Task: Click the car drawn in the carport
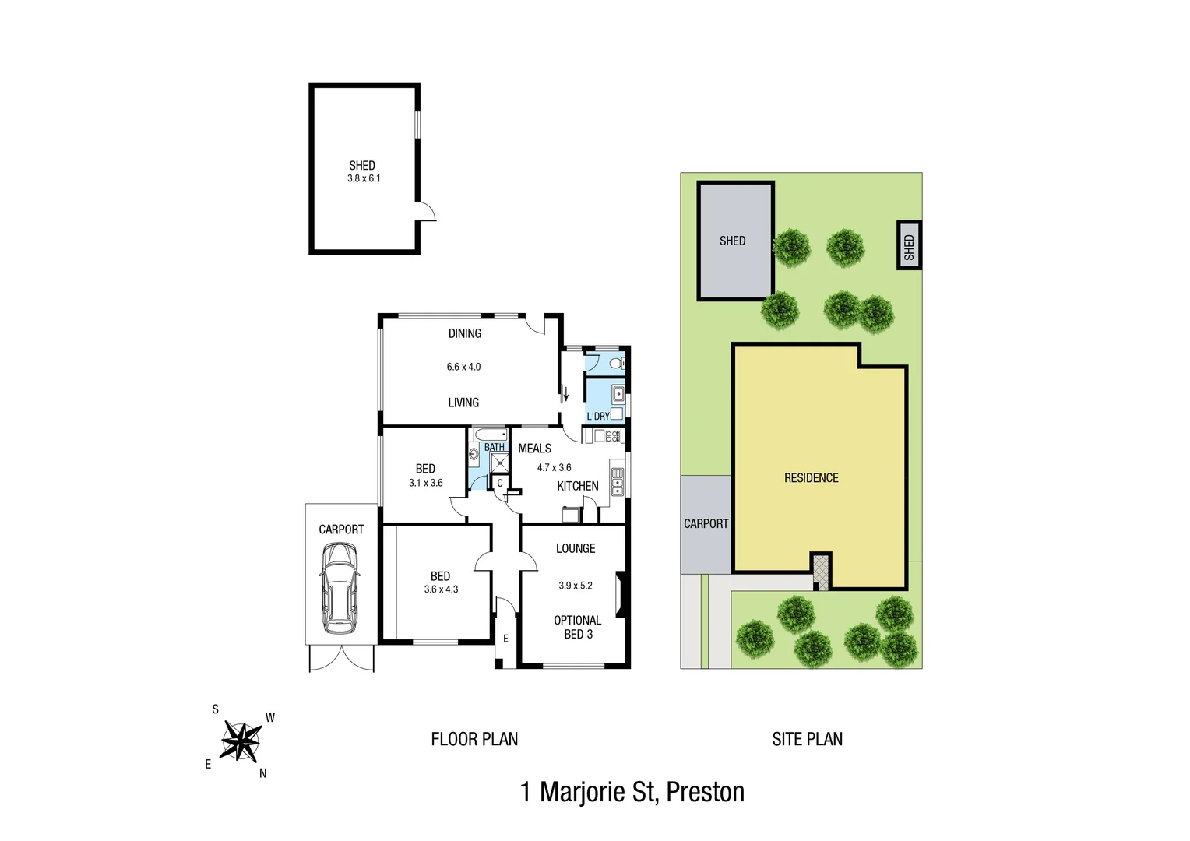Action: click(340, 588)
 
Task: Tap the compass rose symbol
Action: click(241, 741)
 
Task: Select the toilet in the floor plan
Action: click(616, 364)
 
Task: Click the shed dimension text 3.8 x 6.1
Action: click(364, 178)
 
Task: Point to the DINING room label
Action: click(464, 333)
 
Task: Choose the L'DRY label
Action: click(597, 416)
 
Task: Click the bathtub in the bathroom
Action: click(490, 435)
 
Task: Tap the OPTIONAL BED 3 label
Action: click(577, 627)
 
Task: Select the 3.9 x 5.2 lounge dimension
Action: click(575, 586)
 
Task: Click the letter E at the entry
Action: click(505, 639)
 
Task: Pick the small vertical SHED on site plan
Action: click(909, 245)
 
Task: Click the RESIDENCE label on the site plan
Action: click(811, 478)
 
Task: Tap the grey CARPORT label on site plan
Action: click(706, 524)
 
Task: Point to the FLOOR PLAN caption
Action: click(474, 739)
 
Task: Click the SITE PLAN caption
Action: click(807, 739)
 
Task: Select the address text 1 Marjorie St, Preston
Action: click(632, 792)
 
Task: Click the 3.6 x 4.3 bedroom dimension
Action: click(441, 589)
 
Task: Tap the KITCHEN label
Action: click(577, 486)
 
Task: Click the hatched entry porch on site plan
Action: click(821, 572)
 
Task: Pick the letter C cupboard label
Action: click(499, 484)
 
